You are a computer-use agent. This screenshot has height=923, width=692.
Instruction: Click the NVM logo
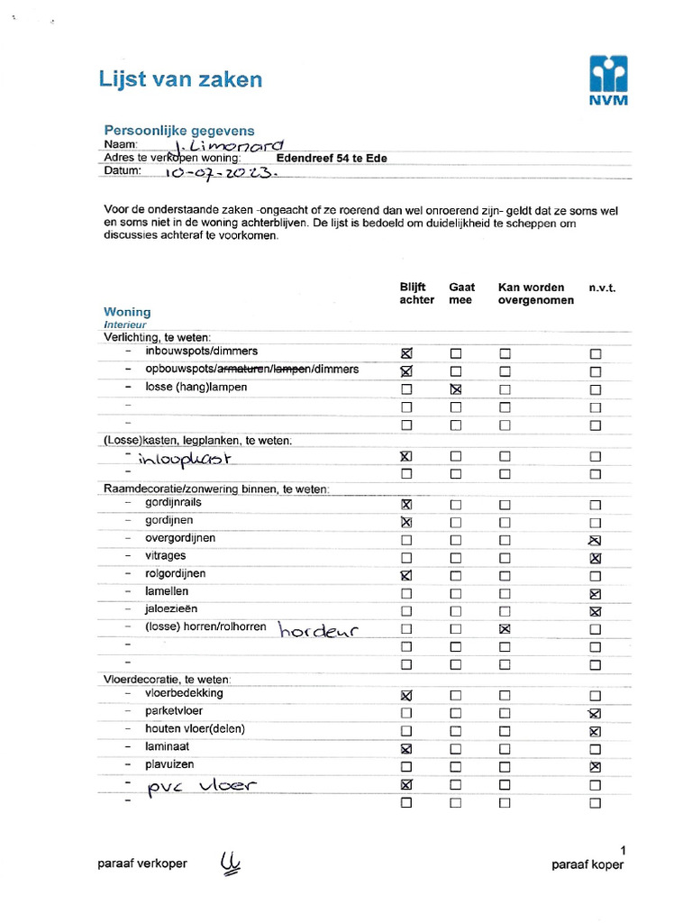608,81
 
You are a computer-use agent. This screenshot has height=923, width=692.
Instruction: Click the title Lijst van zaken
180,79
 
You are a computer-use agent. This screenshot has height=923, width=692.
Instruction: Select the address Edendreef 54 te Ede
332,159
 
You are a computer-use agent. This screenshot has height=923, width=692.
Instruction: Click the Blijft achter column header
416,294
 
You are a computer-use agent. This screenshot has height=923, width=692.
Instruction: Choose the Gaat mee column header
461,294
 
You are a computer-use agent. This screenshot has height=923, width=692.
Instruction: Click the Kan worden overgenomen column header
535,294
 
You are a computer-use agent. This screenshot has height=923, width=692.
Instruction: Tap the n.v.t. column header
602,288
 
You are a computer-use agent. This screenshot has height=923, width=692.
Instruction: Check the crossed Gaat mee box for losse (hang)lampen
456,389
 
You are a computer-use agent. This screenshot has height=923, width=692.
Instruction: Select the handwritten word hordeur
318,630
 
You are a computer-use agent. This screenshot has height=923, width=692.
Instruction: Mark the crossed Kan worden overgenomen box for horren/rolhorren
505,629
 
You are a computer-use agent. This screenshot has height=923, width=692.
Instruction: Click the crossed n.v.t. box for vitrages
595,558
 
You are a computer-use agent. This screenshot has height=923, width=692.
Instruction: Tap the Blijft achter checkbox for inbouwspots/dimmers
406,353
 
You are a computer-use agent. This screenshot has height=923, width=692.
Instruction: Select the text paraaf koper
587,864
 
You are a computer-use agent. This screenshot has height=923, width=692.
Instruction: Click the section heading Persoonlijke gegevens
179,131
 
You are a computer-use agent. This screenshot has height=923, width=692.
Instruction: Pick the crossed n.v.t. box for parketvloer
595,714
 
